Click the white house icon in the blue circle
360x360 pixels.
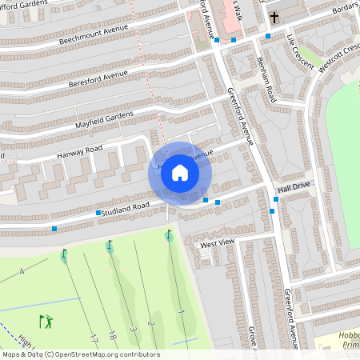pos(180,172)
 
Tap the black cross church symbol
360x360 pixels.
pos(274,16)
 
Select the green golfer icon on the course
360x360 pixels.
pos(46,322)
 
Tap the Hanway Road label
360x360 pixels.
pos(79,150)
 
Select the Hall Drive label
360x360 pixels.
pos(294,185)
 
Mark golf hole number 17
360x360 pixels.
pos(94,338)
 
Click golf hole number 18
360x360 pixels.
pos(113,334)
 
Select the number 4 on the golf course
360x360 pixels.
pos(22,272)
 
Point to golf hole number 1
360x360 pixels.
pos(181,310)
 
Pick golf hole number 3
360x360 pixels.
pos(134,329)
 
